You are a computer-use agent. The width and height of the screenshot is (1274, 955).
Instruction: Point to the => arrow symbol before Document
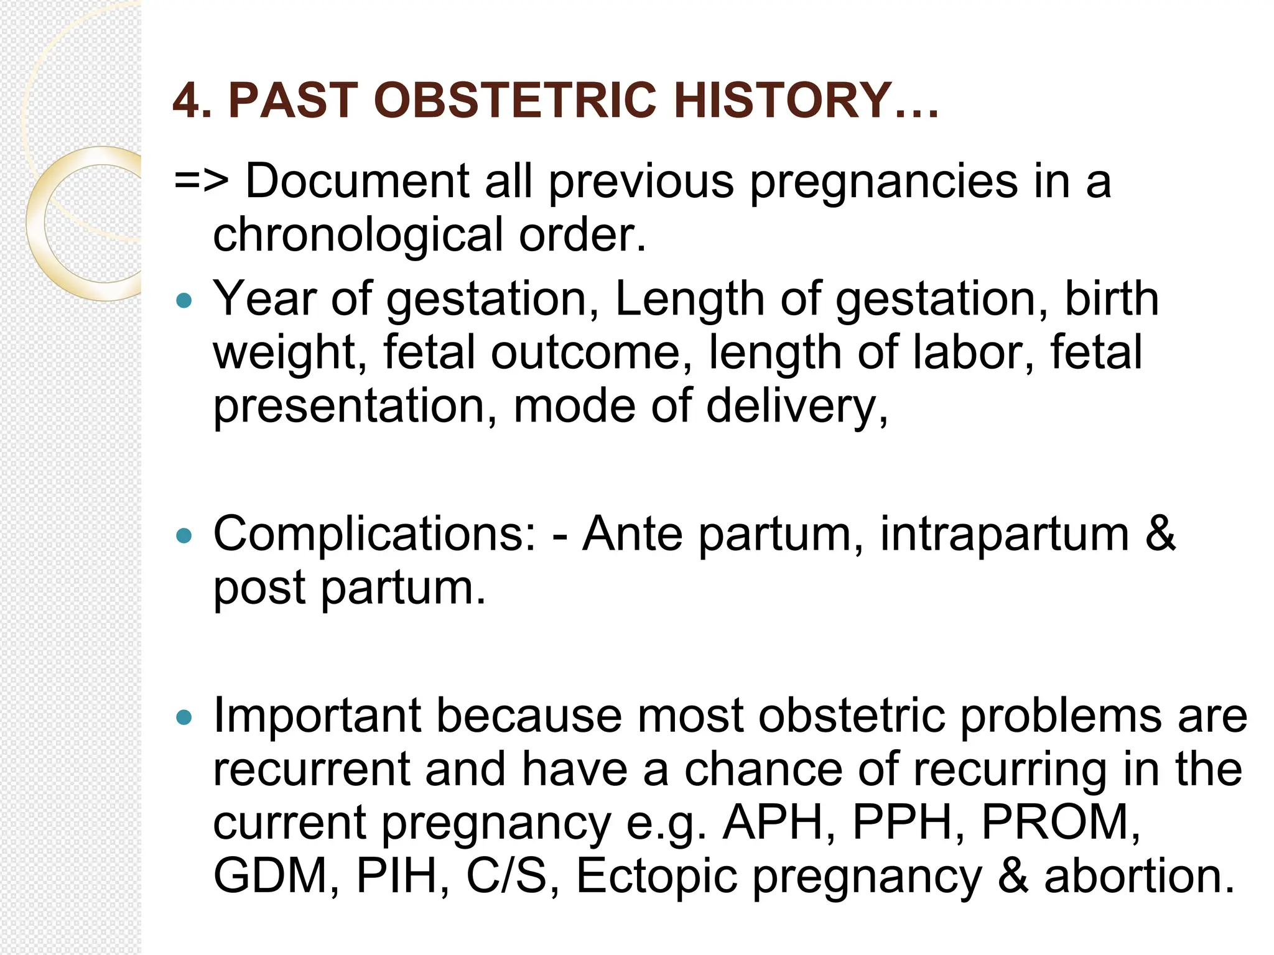[x=202, y=182]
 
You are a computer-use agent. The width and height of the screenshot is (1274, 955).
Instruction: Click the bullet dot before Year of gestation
[x=184, y=302]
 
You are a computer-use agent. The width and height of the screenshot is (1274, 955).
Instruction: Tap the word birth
[x=1112, y=299]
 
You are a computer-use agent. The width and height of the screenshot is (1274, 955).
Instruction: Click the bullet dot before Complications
[x=184, y=536]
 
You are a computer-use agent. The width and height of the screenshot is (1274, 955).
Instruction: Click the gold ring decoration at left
[x=37, y=249]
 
